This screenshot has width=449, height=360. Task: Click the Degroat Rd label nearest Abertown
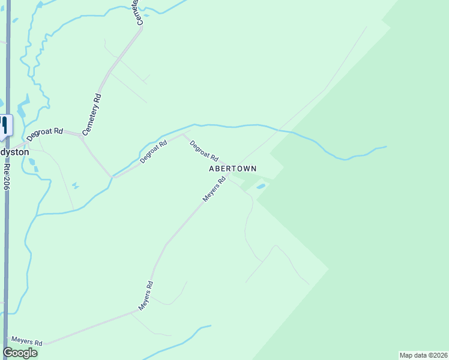click(x=203, y=151)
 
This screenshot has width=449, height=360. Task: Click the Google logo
click(x=20, y=353)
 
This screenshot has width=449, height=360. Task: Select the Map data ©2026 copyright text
click(x=423, y=355)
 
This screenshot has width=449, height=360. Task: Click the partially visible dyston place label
click(x=14, y=152)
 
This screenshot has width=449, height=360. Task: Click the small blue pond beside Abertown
click(x=261, y=187)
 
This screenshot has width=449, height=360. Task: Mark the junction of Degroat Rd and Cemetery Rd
click(x=82, y=135)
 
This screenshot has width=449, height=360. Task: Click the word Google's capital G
click(x=8, y=353)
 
